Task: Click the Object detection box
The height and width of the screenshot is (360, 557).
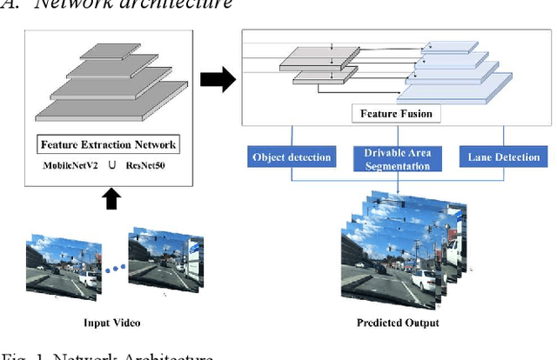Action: click(292, 157)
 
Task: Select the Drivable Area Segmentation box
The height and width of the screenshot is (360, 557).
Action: click(397, 157)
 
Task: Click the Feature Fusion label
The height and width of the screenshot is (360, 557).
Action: click(398, 114)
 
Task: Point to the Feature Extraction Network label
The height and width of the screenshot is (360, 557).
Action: click(109, 143)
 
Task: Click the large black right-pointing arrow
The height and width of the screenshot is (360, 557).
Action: click(217, 80)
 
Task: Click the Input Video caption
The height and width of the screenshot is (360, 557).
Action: click(109, 323)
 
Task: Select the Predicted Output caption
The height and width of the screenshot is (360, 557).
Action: click(398, 323)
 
